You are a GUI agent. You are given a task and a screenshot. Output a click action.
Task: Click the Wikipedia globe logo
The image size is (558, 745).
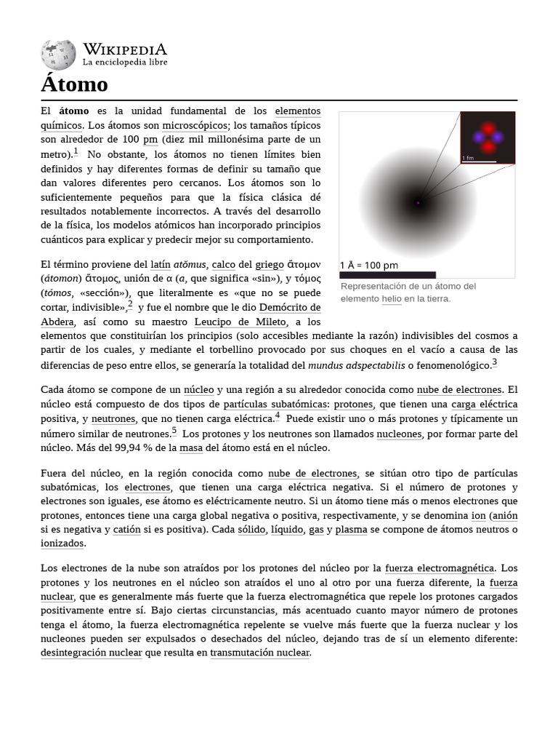click(58, 55)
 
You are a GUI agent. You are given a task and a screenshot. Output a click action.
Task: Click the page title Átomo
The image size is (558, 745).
click(74, 84)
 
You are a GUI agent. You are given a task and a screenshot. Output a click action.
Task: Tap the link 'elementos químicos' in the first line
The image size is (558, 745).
click(297, 111)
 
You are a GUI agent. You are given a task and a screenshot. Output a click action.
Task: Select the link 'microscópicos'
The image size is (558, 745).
click(195, 125)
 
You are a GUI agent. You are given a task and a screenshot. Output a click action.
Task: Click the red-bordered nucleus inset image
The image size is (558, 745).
click(488, 138)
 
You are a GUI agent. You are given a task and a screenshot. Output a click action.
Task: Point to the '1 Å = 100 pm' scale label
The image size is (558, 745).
click(369, 266)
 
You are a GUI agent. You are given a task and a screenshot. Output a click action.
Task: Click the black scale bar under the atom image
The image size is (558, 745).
click(387, 275)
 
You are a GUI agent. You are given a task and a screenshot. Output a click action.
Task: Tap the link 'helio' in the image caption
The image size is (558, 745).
click(392, 298)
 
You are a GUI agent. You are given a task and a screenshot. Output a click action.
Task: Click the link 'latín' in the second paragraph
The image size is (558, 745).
click(161, 265)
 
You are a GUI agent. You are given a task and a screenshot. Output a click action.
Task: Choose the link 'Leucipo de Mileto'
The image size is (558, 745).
click(240, 322)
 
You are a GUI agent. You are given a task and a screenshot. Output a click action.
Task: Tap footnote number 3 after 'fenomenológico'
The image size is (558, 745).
click(495, 362)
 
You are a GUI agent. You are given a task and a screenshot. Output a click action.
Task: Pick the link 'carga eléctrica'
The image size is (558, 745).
click(485, 405)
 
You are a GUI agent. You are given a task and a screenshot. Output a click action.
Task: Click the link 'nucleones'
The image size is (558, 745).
click(399, 434)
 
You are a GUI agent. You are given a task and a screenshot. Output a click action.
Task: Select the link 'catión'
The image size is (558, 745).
click(126, 530)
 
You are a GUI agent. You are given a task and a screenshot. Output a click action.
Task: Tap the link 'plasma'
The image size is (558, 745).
click(351, 530)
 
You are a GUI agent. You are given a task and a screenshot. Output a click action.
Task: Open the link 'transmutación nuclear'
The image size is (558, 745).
click(260, 653)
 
